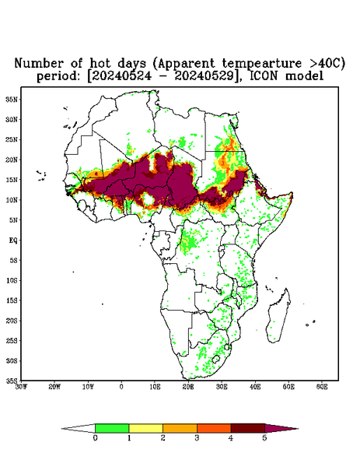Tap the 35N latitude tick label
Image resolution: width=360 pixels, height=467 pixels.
[x=12, y=99]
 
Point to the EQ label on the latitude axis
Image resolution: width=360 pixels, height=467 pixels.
[x=13, y=240]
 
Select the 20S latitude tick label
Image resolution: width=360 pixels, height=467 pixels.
[x=12, y=321]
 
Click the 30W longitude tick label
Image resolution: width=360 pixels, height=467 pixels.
[x=21, y=387]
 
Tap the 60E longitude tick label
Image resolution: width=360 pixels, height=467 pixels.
[x=322, y=387]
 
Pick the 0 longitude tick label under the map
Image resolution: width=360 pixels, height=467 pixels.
[x=121, y=387]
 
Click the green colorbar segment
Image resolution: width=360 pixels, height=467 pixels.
[x=112, y=428]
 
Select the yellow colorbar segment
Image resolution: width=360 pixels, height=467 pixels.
[x=145, y=428]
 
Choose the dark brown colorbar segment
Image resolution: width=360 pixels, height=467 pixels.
[x=248, y=428]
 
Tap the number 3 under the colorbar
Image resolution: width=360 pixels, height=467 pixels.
[x=197, y=438]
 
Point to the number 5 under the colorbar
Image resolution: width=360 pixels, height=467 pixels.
[x=264, y=438]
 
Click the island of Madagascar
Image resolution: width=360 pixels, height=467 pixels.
[x=279, y=318]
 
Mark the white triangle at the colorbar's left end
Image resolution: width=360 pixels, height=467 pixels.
[x=79, y=428]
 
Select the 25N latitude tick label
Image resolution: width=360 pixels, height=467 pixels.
[x=12, y=139]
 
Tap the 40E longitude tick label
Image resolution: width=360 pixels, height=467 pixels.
[x=255, y=387]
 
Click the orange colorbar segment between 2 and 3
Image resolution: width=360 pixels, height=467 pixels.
[x=180, y=428]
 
